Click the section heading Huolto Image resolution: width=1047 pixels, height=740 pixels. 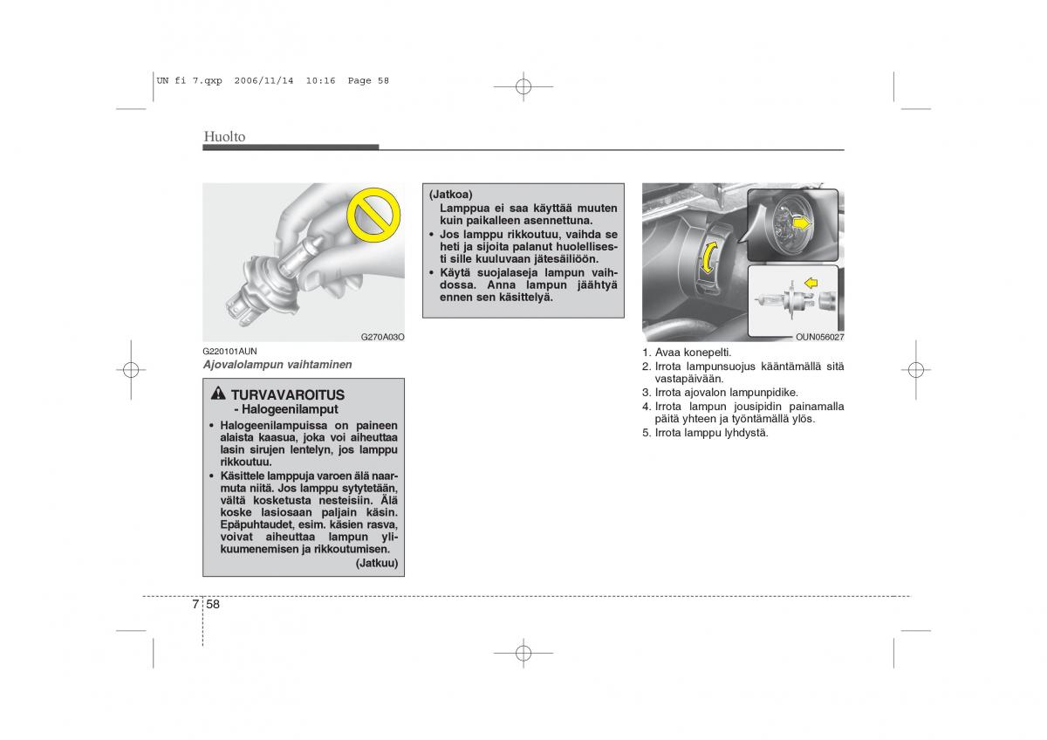[x=224, y=136]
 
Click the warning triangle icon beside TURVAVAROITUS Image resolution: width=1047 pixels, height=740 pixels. [x=218, y=394]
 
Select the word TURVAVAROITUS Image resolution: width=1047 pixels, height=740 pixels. [x=288, y=395]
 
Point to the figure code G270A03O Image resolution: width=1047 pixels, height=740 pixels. [x=382, y=337]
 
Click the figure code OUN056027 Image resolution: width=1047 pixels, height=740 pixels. [x=820, y=337]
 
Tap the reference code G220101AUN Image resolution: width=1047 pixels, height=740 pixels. [x=229, y=351]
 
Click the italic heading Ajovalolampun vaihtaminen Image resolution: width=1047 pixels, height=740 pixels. [x=277, y=365]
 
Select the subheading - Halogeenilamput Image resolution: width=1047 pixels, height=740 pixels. [x=286, y=409]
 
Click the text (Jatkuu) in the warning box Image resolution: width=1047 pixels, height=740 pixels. [x=377, y=563]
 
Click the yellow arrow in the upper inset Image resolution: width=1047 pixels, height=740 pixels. [x=803, y=224]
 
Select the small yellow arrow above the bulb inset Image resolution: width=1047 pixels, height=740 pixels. [x=811, y=283]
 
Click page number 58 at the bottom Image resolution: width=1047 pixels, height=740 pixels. [x=213, y=604]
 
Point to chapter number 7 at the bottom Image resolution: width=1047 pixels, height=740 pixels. [x=195, y=604]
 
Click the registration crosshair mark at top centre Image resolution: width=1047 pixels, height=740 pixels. [x=523, y=86]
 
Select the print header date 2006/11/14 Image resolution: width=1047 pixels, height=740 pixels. [x=264, y=80]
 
